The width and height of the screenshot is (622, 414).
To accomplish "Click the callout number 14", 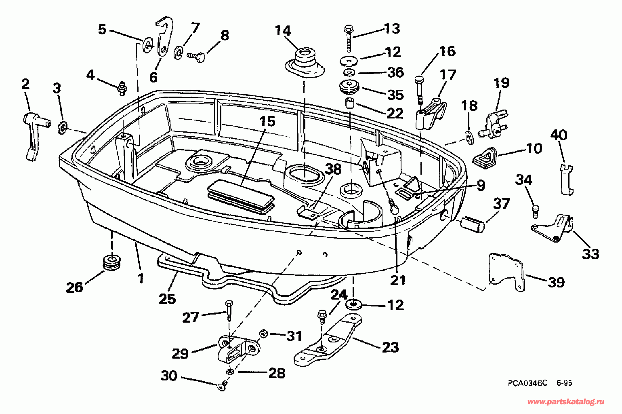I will pyautogui.click(x=283, y=31).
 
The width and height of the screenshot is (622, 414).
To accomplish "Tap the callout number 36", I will pyautogui.click(x=395, y=72).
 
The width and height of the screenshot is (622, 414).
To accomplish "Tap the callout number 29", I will pyautogui.click(x=180, y=353).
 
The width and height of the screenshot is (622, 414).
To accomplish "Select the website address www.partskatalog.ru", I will pyautogui.click(x=566, y=401).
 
